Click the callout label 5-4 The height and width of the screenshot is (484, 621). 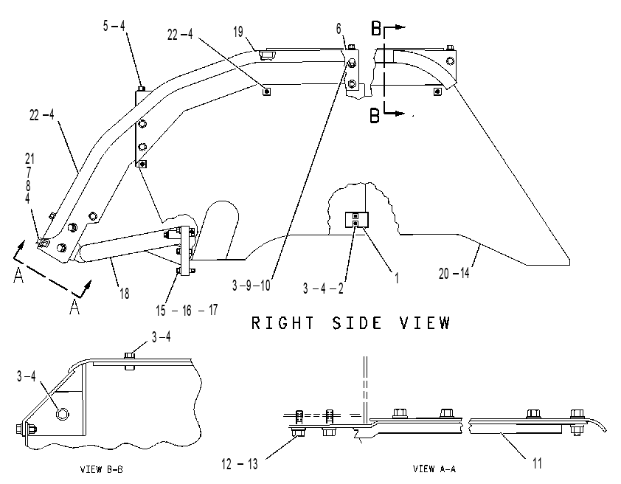coord(114,26)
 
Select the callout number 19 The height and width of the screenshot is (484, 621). coord(238,32)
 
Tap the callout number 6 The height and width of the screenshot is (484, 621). coord(339,29)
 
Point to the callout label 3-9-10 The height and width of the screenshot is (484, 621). coord(251,286)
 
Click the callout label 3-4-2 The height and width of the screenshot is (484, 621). coord(323,288)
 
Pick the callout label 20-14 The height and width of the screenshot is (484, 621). coord(454,273)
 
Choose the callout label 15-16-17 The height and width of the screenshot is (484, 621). coord(187,310)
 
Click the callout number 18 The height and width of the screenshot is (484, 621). coord(125,294)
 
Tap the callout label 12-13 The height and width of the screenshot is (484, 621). coord(239,464)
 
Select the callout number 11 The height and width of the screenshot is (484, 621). coord(537,463)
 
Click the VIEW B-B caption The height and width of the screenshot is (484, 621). coord(102,470)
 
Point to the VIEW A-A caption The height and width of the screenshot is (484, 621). coord(434,469)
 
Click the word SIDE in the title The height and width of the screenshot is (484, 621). coord(357,323)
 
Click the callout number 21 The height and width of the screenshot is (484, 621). coord(30,159)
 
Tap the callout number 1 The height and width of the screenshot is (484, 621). coord(397,278)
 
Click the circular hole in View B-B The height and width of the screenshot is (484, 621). coord(63,415)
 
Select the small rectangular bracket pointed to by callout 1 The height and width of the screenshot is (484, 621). coord(357,220)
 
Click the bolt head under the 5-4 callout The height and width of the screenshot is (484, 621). coord(141,89)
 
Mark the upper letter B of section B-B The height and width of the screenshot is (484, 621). coord(376,29)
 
